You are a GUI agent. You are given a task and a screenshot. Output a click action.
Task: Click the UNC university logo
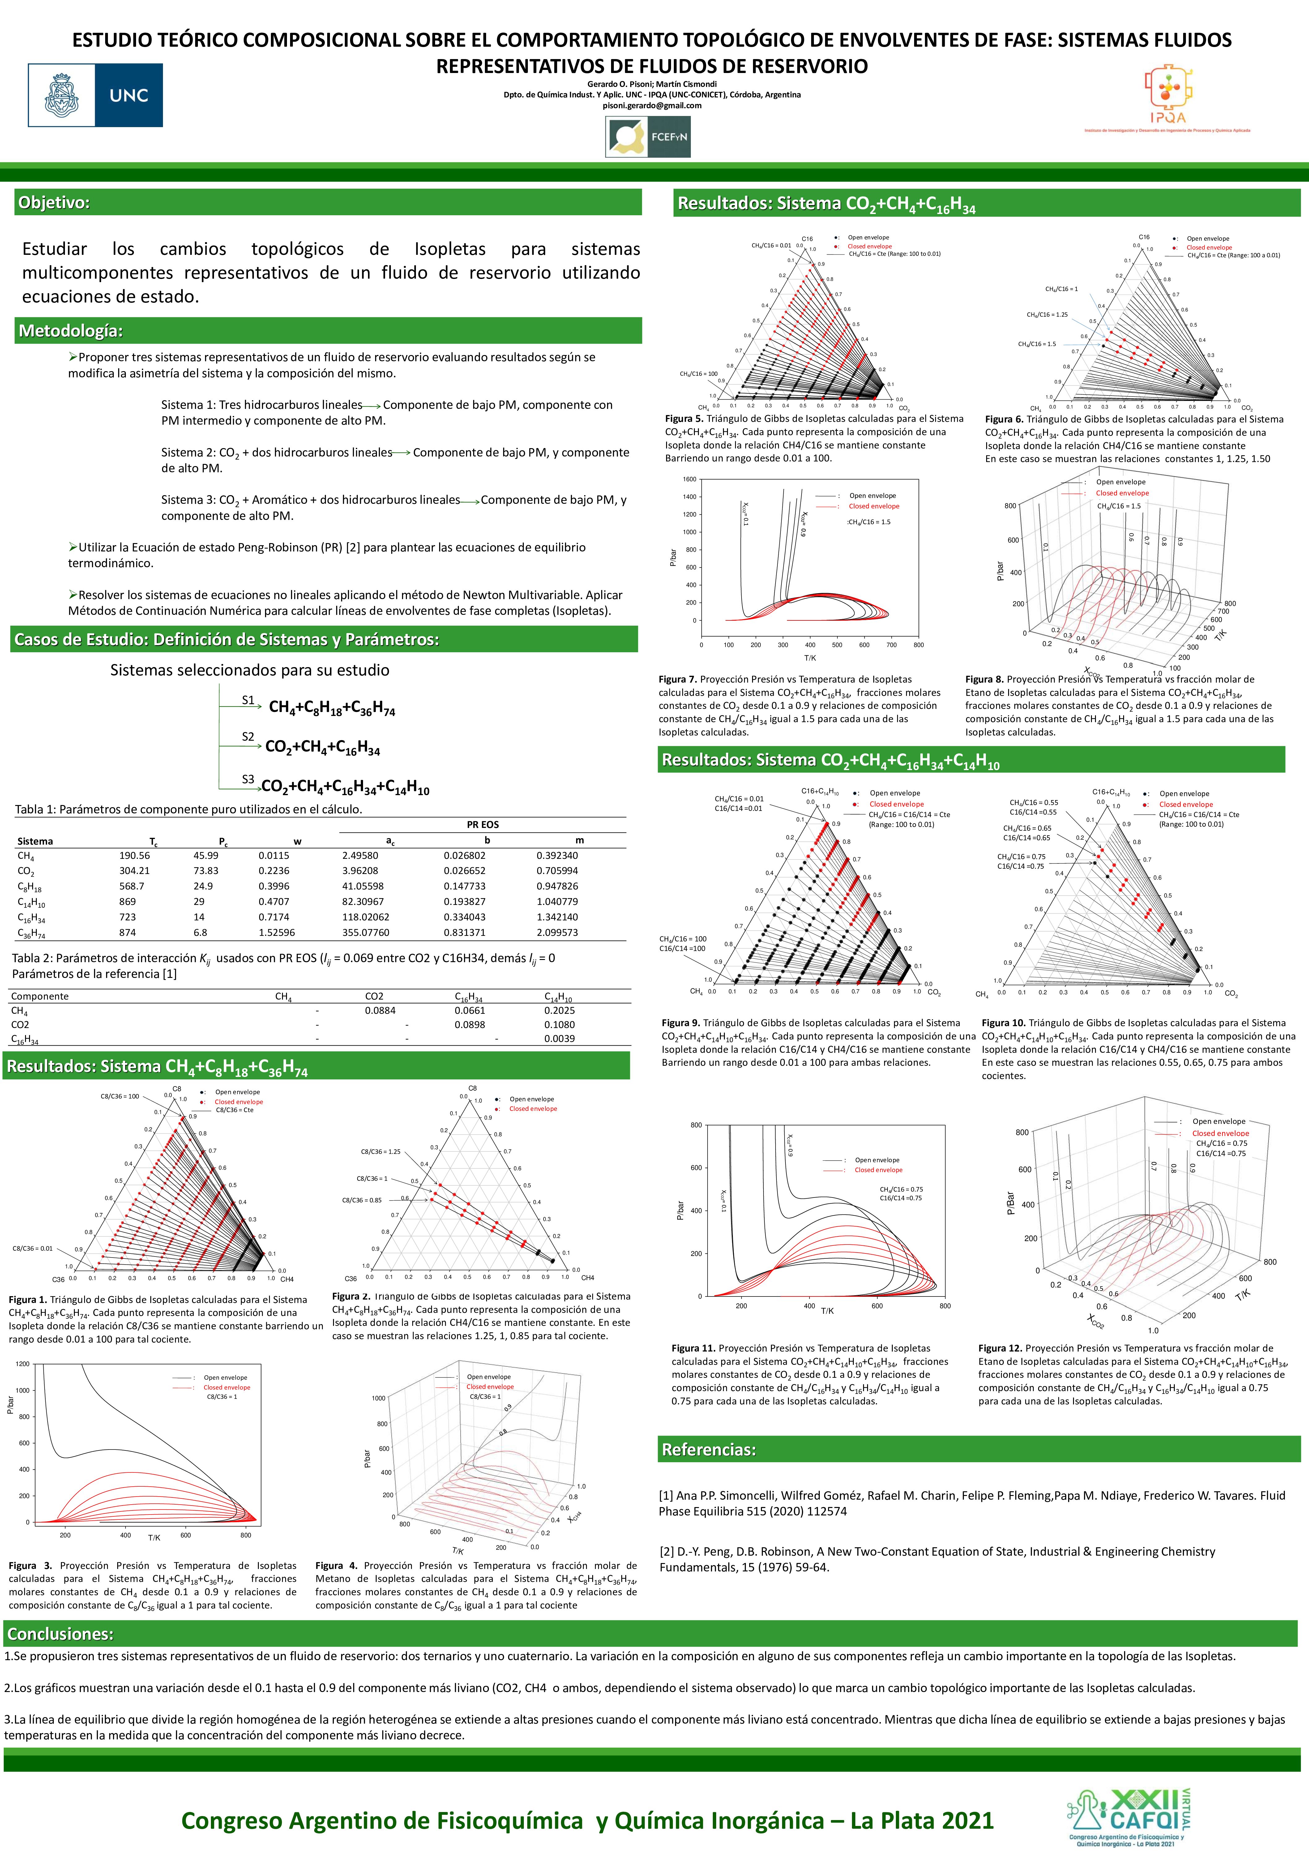(95, 95)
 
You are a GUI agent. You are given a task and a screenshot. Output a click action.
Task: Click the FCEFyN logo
(648, 136)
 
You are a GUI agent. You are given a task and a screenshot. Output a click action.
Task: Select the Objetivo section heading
(54, 202)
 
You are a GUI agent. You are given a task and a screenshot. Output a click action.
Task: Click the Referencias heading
(709, 1450)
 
